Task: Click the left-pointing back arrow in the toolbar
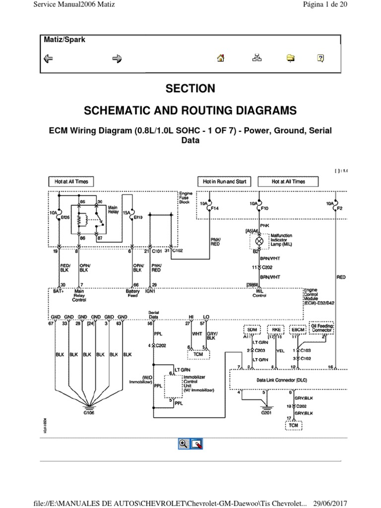click(x=49, y=59)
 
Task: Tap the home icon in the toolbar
click(x=221, y=58)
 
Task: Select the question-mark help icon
click(x=320, y=58)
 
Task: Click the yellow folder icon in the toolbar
click(x=291, y=59)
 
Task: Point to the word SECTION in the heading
click(x=190, y=89)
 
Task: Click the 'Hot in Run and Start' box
click(x=225, y=182)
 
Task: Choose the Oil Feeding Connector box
click(x=322, y=327)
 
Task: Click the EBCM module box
click(x=298, y=328)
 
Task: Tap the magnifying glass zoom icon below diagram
click(x=183, y=444)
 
